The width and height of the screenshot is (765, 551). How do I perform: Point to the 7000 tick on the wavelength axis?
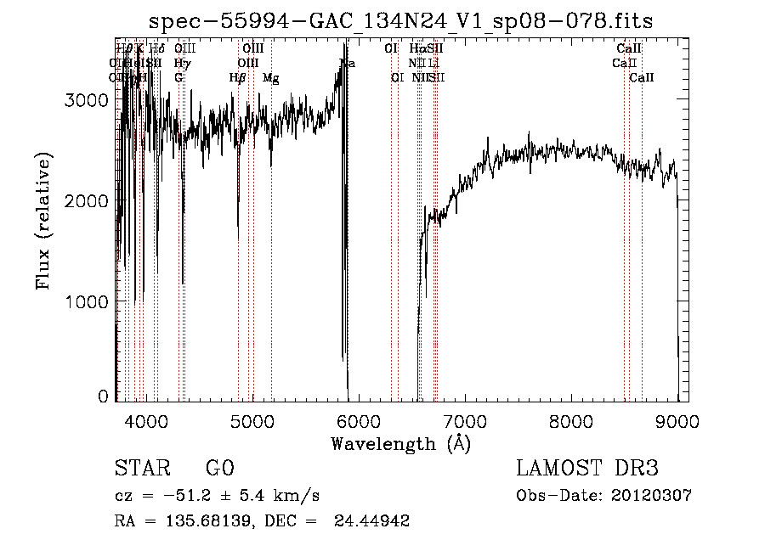[465, 420]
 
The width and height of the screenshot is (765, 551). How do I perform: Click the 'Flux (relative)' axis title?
[43, 221]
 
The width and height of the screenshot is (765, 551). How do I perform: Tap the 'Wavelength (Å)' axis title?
[400, 443]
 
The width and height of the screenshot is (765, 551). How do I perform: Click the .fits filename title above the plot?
[400, 20]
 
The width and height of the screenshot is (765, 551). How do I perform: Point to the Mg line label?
[270, 78]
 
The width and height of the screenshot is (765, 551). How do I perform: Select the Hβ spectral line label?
[237, 78]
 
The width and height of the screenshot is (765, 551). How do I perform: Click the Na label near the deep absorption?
[347, 64]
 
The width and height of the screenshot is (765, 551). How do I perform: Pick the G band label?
[178, 78]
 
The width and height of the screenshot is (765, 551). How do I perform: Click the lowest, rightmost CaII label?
[642, 78]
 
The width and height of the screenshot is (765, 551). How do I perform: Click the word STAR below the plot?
[141, 469]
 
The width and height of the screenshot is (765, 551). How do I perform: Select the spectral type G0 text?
[219, 469]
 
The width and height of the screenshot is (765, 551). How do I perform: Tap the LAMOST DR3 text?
[587, 469]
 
